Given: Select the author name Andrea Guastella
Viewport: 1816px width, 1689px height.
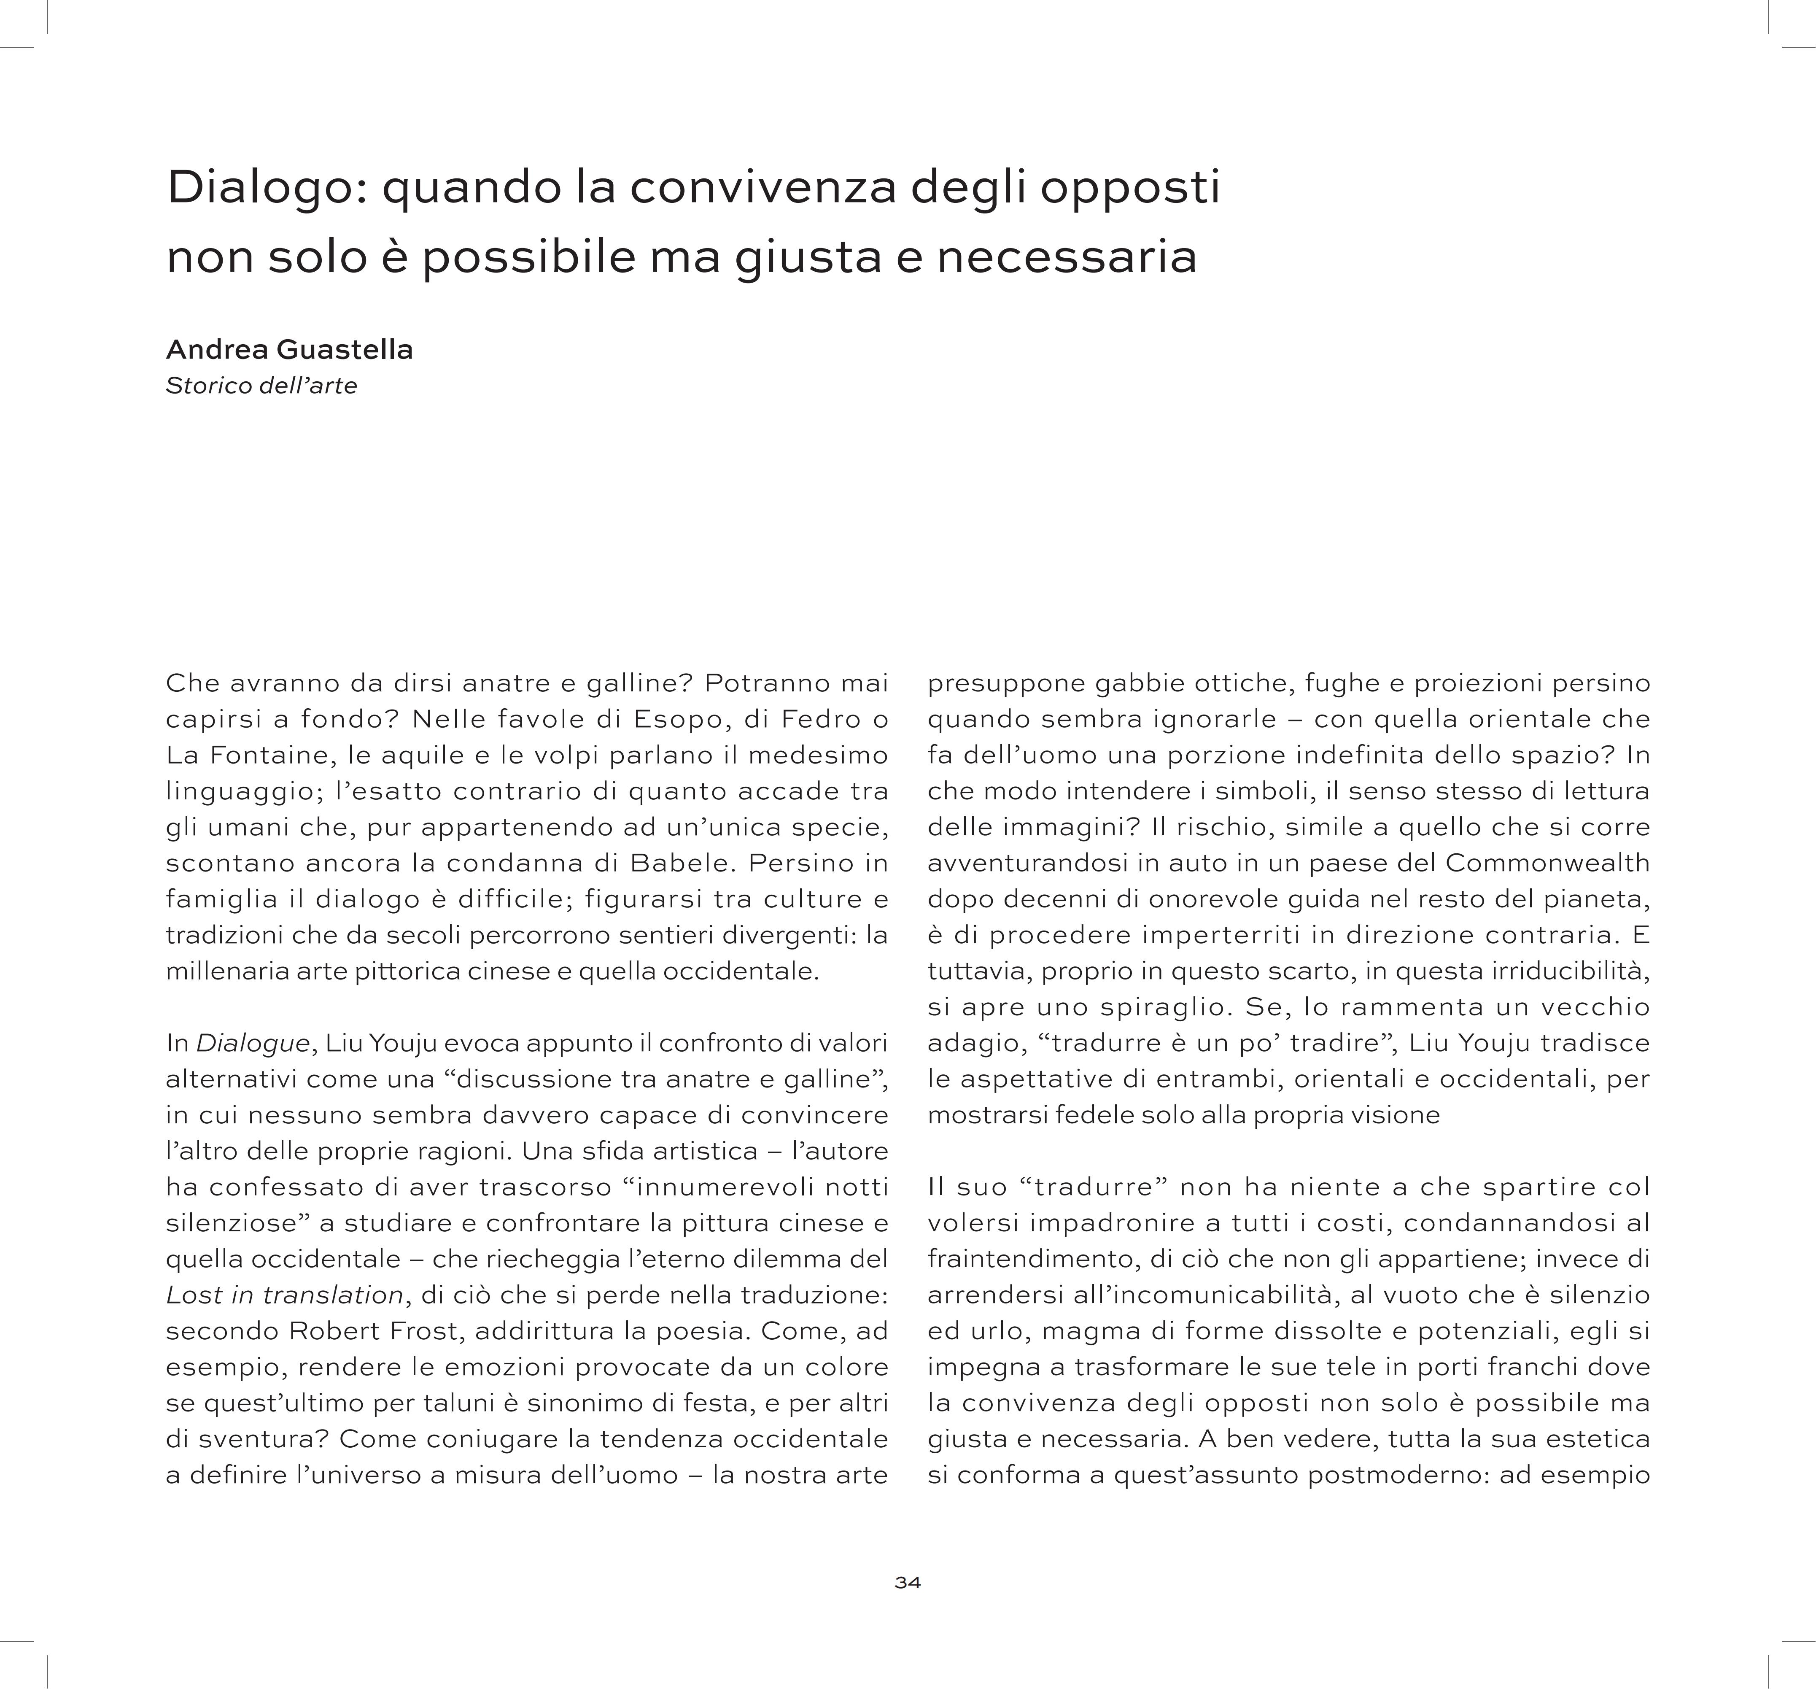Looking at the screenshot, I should (290, 350).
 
